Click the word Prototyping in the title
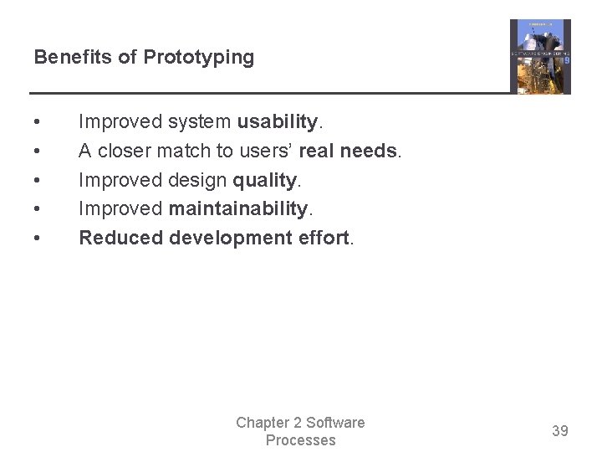point(198,58)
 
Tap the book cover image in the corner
point(540,57)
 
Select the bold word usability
point(278,122)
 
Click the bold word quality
point(264,180)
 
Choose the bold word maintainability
point(237,209)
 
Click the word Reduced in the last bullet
point(120,239)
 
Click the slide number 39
point(559,431)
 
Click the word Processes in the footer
point(300,440)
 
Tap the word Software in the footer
point(334,423)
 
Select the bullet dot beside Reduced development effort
point(38,239)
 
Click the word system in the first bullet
point(200,122)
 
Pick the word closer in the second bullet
point(125,152)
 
